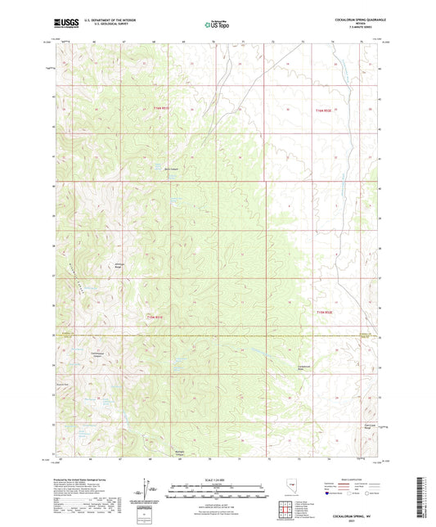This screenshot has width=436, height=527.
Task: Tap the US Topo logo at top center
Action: pos(217,24)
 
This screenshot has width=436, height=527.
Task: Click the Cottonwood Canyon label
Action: pos(97,355)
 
